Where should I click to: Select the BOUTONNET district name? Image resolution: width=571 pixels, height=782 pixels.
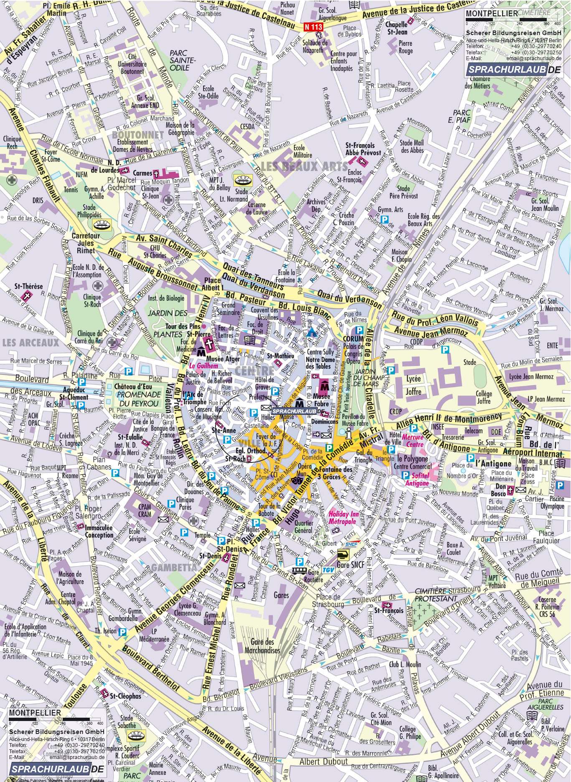click(x=137, y=135)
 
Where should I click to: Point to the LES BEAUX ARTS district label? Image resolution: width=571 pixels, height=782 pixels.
click(x=303, y=167)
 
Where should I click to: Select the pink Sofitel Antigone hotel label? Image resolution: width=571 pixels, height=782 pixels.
click(x=417, y=479)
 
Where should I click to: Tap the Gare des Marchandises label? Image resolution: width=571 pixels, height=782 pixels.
click(x=262, y=647)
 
